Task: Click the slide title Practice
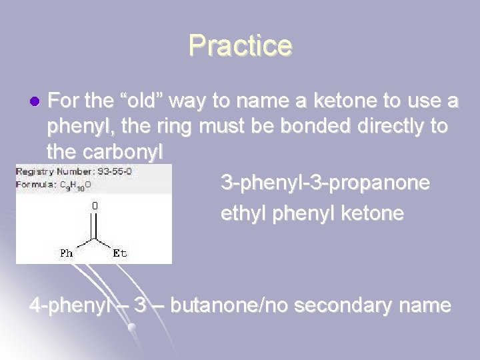click(x=240, y=45)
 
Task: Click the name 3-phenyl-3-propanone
click(x=325, y=182)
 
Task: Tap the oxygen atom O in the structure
click(x=95, y=207)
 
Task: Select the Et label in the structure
click(x=120, y=253)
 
